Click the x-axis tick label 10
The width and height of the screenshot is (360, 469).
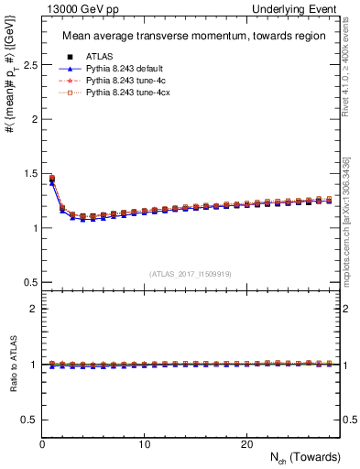(x=144, y=443)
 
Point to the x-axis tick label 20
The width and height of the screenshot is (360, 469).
(x=245, y=443)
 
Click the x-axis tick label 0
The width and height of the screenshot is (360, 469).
(x=42, y=443)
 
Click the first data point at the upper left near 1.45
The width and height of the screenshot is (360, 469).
(x=52, y=179)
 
